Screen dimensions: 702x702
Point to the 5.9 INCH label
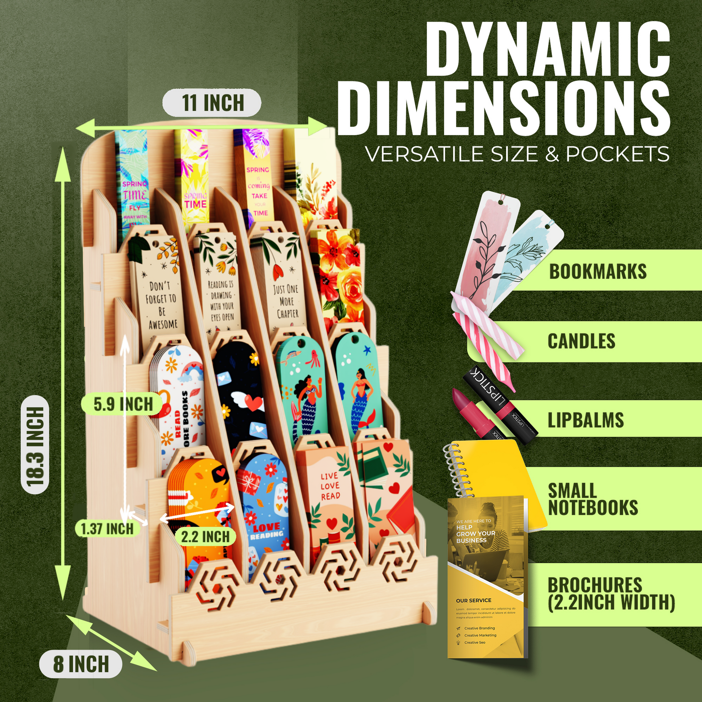[123, 404]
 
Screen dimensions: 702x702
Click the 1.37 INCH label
[107, 529]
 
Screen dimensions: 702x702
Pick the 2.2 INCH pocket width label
[205, 537]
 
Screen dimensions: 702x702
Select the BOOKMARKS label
[598, 271]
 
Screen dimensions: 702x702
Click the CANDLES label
[582, 341]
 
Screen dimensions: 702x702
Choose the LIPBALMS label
[586, 420]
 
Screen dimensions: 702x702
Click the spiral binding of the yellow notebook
[454, 469]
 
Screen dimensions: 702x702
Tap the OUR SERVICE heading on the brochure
[473, 601]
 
